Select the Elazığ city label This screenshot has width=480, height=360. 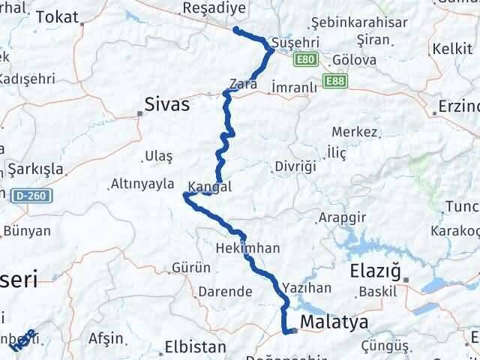click(x=376, y=271)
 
